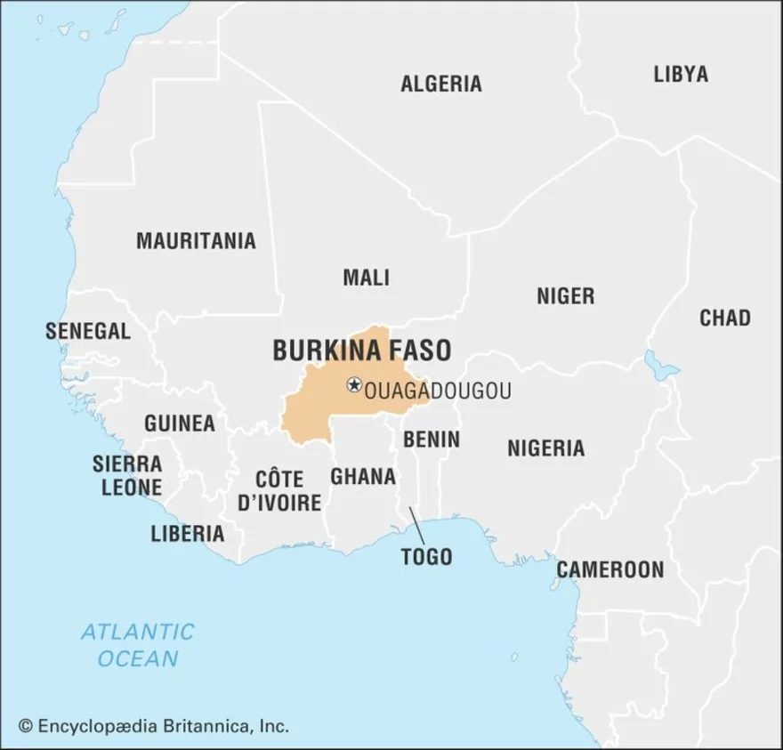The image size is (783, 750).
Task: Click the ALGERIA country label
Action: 440,84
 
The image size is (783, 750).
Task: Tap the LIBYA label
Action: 681,74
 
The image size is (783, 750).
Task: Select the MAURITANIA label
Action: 196,240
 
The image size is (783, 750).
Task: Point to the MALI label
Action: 367,278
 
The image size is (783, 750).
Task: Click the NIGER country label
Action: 565,296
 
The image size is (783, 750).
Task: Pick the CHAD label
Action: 724,318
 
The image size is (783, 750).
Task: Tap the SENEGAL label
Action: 88,331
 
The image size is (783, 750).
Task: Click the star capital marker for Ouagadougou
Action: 354,385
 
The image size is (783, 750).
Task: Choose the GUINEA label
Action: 180,423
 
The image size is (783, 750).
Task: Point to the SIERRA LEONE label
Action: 127,476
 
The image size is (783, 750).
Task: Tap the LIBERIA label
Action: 187,534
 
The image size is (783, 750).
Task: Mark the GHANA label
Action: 363,477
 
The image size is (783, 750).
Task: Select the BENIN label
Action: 432,440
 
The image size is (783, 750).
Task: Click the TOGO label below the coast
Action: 426,557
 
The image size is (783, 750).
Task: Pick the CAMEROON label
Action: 610,569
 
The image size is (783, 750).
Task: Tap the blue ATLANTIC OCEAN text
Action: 137,645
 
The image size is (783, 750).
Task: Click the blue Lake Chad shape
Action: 660,365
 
